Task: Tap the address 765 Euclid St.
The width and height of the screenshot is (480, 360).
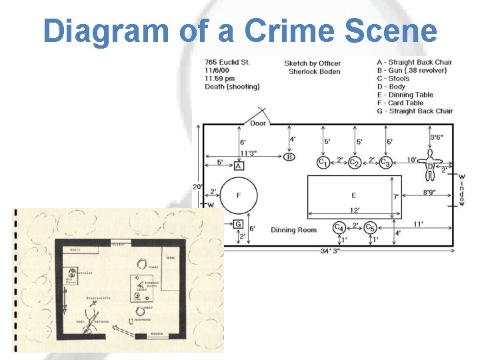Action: (227, 63)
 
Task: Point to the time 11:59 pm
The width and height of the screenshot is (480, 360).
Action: (221, 79)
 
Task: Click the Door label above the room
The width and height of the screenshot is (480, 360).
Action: (258, 123)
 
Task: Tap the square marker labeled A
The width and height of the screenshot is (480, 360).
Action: (239, 165)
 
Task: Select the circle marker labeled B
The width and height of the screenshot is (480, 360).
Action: (289, 157)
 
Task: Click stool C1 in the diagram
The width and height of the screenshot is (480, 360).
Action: (323, 162)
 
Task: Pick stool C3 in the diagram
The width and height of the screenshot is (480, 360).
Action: (385, 162)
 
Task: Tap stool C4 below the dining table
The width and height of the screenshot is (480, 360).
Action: (339, 227)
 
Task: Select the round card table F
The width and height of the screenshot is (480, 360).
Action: (238, 195)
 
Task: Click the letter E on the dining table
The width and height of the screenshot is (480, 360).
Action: (353, 195)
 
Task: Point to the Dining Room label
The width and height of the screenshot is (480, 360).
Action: (293, 230)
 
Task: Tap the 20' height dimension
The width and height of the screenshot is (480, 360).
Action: (197, 187)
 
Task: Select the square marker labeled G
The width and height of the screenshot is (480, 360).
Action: (238, 224)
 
